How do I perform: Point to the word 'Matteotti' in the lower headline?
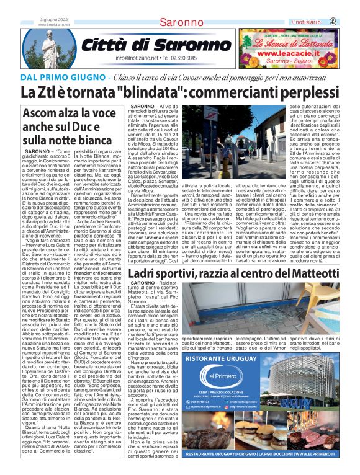(x=297, y=256)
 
